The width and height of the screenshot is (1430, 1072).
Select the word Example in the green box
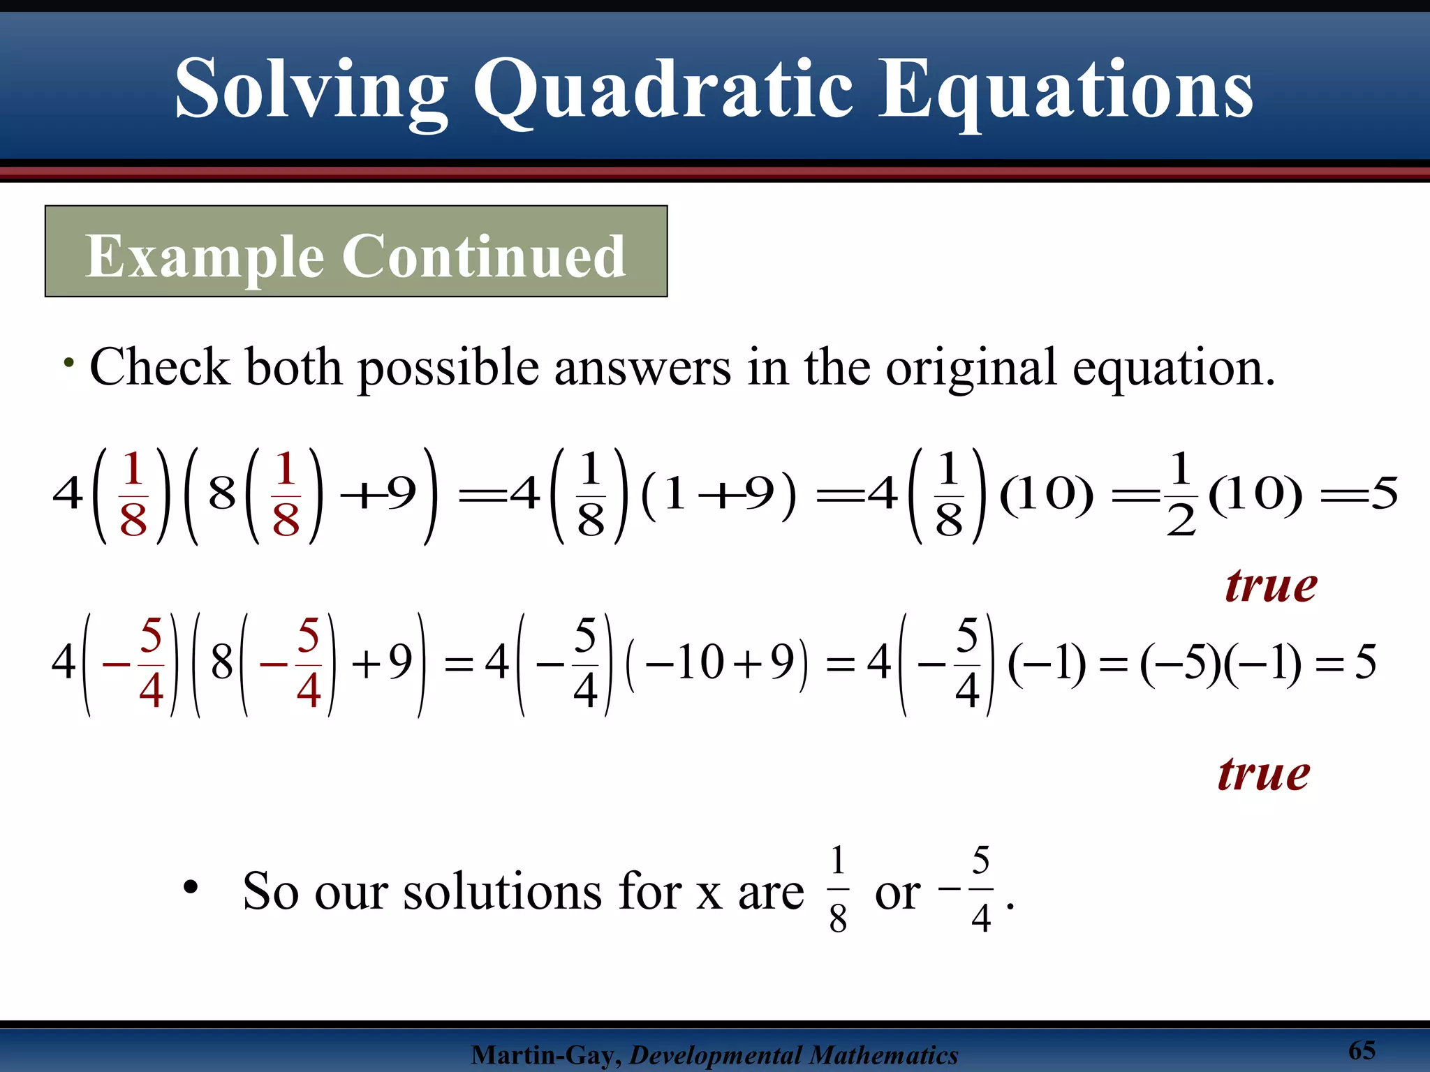205,256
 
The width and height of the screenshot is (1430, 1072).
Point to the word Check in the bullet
159,367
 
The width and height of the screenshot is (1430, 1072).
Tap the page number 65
1361,1050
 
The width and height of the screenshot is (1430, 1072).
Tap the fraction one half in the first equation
1180,494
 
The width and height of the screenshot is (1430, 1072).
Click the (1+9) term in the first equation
718,494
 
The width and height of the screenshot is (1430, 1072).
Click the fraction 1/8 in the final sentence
838,889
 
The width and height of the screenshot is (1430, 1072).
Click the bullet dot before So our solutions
190,888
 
